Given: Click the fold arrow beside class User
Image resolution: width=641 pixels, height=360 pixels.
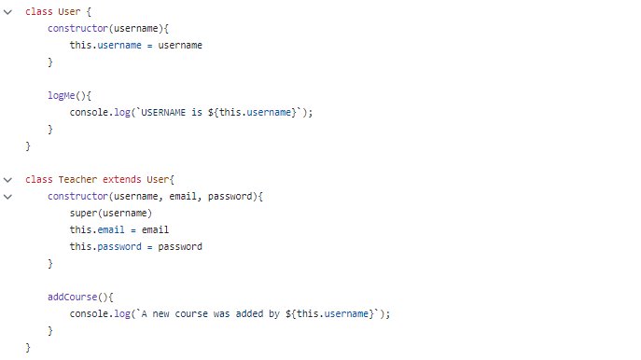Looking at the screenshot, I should pyautogui.click(x=8, y=10).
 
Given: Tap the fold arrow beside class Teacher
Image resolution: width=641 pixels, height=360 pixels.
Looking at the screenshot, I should pyautogui.click(x=8, y=179).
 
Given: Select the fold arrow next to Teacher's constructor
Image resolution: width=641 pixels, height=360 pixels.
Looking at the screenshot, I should pyautogui.click(x=8, y=196).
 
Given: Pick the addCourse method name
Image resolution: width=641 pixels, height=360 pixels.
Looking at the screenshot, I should pyautogui.click(x=69, y=297).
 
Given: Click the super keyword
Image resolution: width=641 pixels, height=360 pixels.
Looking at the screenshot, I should pyautogui.click(x=83, y=213).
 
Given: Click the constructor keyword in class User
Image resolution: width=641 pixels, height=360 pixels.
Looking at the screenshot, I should pyautogui.click(x=77, y=28).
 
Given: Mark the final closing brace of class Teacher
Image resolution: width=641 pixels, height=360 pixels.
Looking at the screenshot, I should pyautogui.click(x=28, y=347).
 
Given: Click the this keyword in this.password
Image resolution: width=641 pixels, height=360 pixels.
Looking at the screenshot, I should pyautogui.click(x=80, y=246).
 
